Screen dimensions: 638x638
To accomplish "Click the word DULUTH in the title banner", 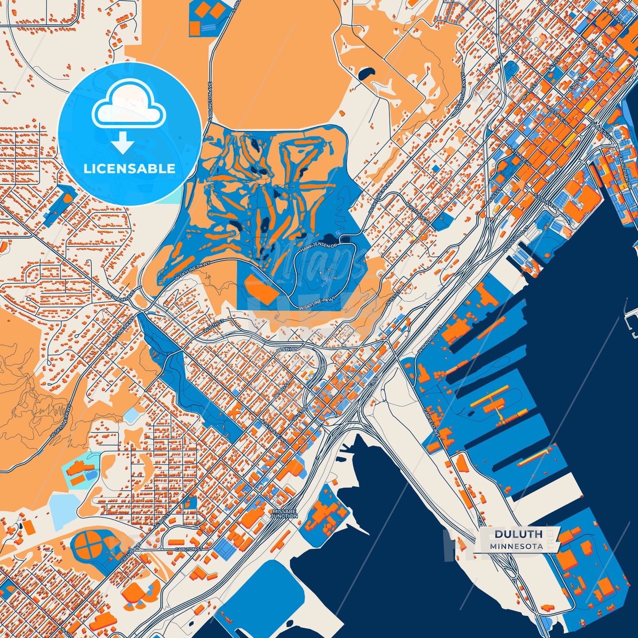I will tap(518, 534).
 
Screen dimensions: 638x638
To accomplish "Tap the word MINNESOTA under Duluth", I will tap(516, 546).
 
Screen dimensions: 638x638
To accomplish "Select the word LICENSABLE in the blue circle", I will tap(129, 169).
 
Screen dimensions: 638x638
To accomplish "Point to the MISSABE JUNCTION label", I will tap(284, 513).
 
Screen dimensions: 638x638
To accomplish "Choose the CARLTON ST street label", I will tap(189, 549).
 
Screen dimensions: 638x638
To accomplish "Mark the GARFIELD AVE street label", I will tap(431, 423).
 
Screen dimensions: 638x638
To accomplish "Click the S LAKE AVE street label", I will tap(601, 129).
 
